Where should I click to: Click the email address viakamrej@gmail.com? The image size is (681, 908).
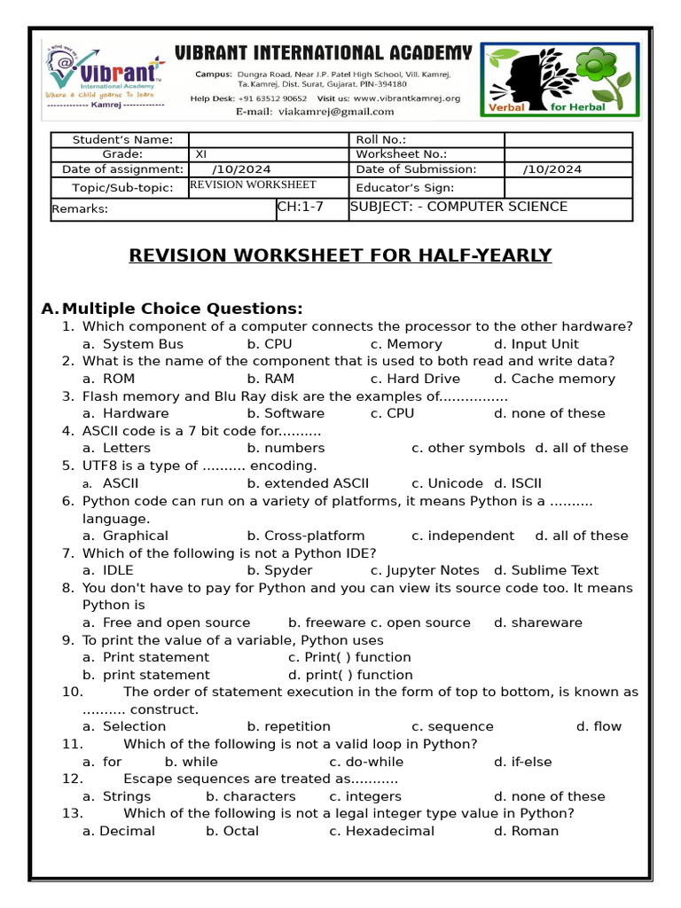(336, 112)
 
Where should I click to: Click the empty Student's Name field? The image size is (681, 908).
(269, 140)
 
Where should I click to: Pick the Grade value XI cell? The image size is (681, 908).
(269, 154)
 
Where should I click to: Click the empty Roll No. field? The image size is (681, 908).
(567, 140)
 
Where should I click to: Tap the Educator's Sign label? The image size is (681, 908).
(404, 188)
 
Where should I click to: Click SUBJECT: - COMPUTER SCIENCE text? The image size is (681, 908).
(459, 207)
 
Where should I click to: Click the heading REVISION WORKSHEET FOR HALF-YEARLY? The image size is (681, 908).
(340, 256)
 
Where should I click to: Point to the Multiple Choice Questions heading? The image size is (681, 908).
(182, 309)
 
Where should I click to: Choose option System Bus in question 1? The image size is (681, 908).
(143, 344)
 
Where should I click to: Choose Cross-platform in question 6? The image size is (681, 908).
(305, 536)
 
